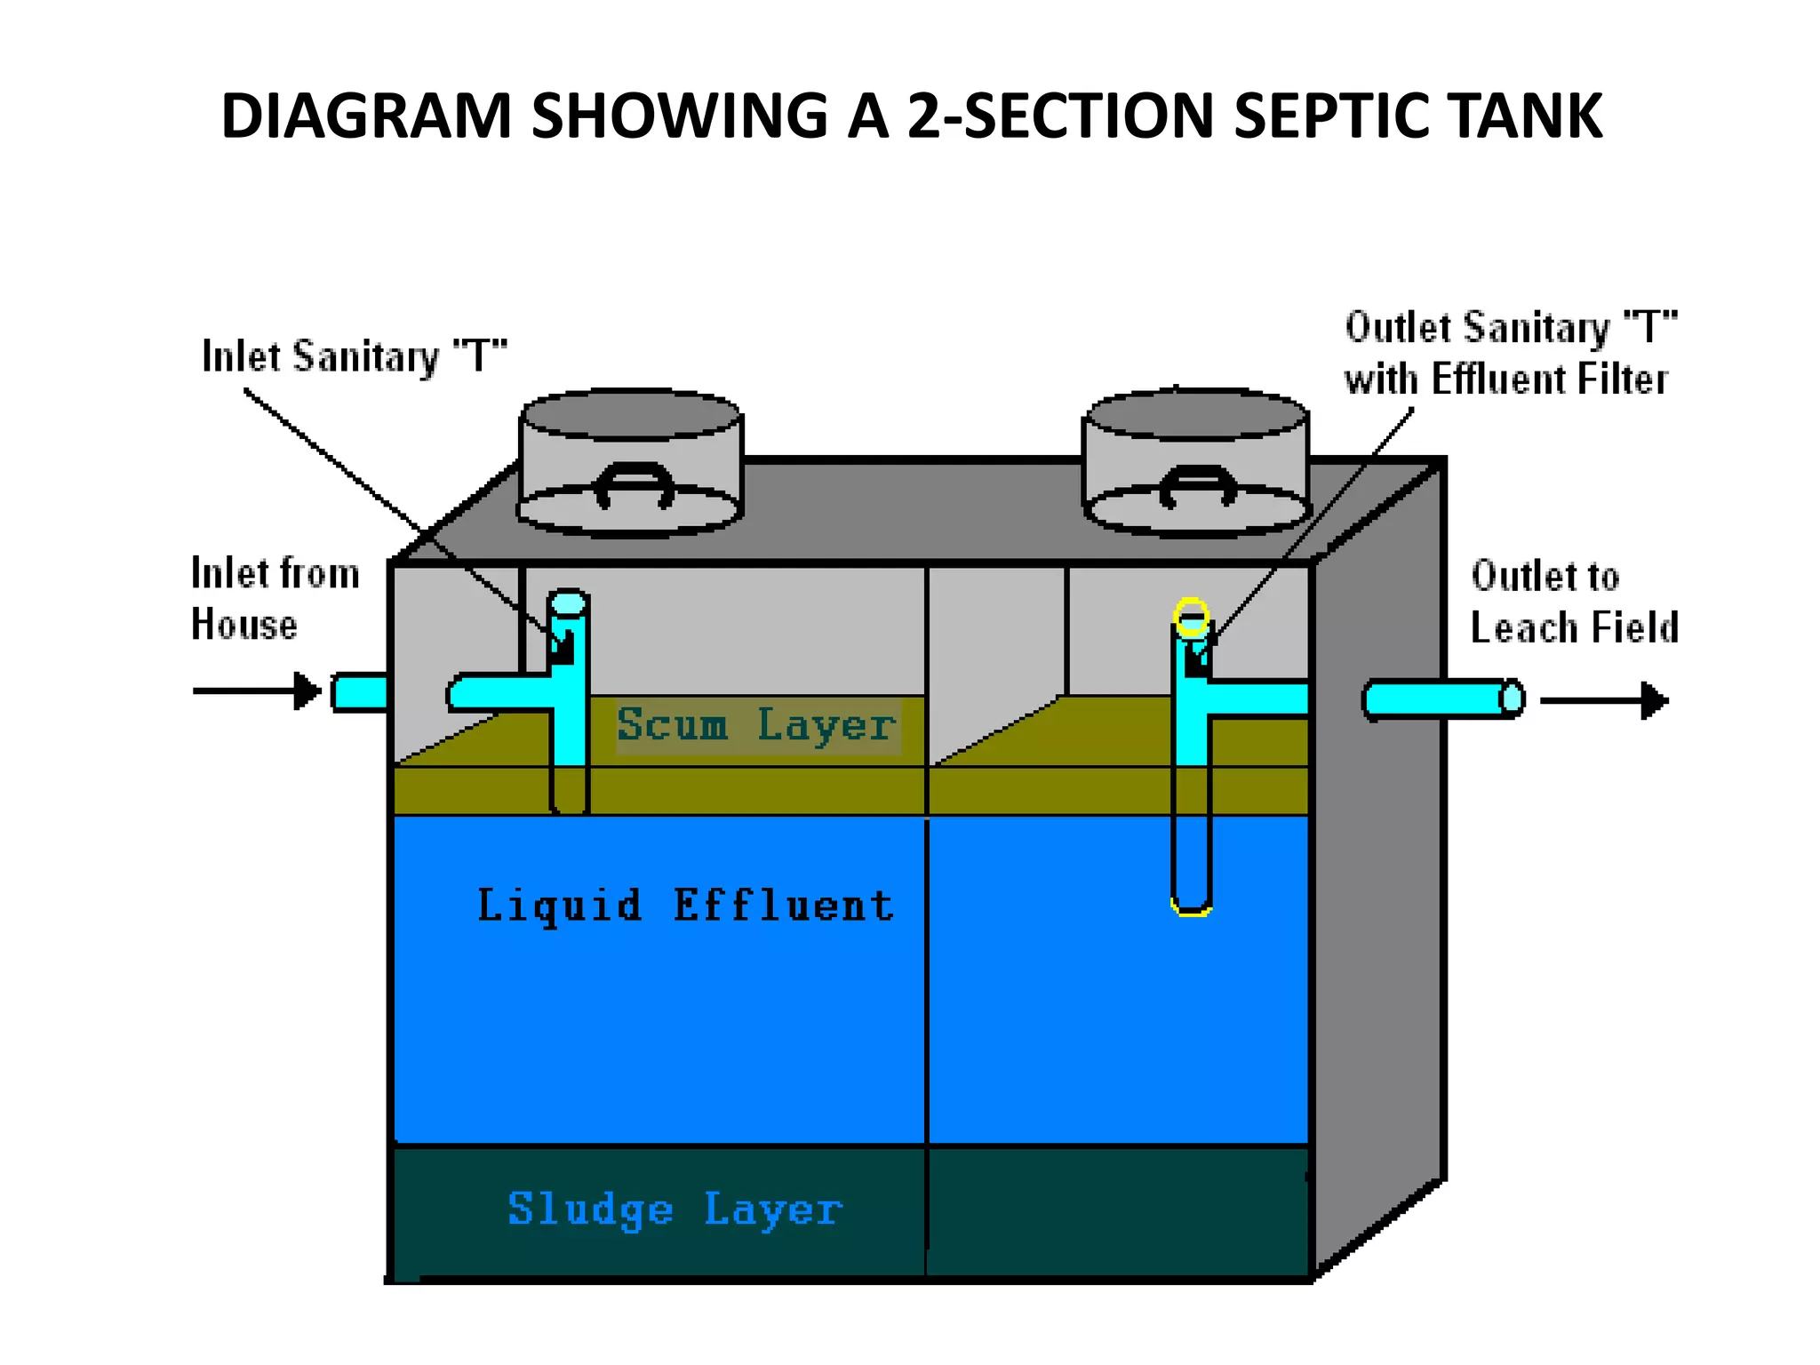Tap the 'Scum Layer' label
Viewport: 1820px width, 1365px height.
756,724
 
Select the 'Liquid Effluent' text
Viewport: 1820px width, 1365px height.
685,906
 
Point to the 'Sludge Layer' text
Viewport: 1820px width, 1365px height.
675,1209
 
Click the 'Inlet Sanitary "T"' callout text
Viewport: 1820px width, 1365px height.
354,356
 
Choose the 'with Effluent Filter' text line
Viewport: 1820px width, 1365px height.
1505,379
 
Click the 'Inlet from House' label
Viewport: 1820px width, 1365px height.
275,598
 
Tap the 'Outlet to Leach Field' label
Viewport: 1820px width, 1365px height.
1574,602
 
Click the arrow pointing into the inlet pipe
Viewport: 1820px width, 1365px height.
257,690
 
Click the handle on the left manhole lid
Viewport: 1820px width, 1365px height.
634,485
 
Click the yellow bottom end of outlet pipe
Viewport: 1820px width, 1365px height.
1191,908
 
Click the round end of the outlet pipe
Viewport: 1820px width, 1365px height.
1511,698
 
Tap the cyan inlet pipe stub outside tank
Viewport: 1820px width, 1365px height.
360,692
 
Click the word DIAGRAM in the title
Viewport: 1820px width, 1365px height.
366,116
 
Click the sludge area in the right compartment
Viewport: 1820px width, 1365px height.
1118,1210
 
